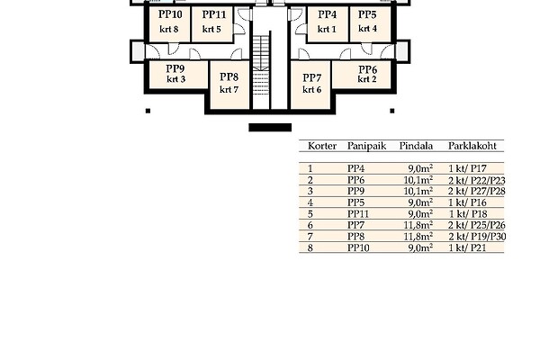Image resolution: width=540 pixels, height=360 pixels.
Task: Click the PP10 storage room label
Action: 169,14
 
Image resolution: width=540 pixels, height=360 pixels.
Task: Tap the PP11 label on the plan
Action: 213,14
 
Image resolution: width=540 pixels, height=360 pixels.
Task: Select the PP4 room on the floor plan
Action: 328,14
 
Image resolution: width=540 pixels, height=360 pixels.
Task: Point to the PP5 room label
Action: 367,14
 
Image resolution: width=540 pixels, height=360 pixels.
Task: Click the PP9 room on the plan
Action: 175,68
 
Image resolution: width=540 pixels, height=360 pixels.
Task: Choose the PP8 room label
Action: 229,76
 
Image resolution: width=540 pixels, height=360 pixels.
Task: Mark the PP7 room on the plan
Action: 311,77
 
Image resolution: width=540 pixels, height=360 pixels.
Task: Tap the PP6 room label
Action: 367,69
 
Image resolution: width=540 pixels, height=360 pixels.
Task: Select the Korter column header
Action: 322,145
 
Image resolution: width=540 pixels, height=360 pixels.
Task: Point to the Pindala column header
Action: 417,145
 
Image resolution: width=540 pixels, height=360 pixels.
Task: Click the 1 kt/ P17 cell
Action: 467,168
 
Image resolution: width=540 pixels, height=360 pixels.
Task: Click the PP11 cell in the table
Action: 358,213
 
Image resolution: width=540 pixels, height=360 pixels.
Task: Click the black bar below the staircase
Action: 270,128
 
